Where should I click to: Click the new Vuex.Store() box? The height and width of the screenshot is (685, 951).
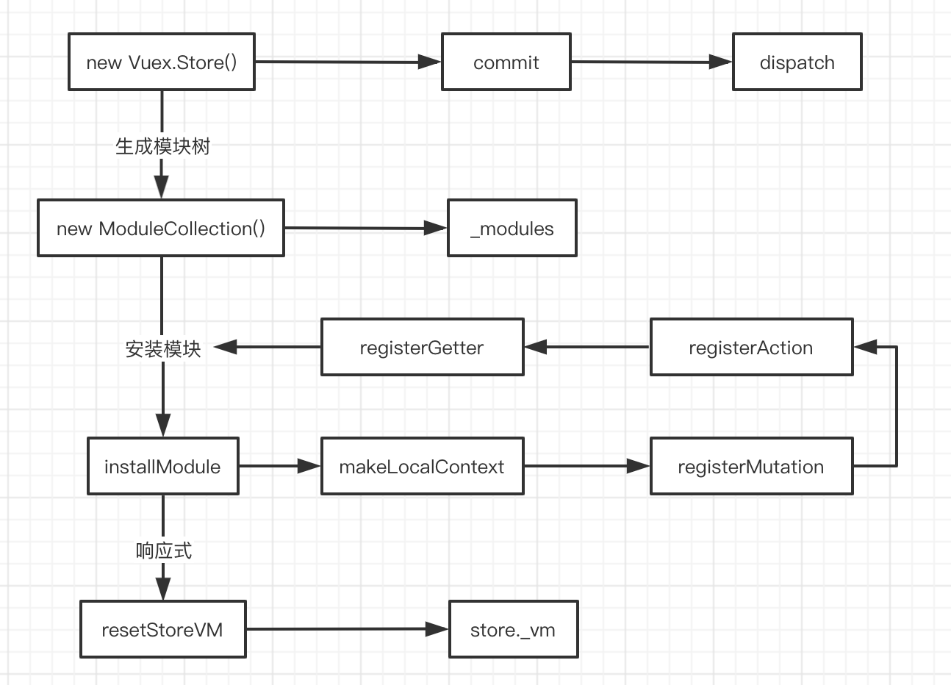point(162,62)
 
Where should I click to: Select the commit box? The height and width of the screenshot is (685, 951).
point(506,62)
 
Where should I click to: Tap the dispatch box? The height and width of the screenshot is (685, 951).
point(797,62)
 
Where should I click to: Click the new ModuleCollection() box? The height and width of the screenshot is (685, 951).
point(161,228)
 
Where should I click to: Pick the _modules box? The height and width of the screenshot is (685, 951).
point(512,228)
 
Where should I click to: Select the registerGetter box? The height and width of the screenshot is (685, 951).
point(423,347)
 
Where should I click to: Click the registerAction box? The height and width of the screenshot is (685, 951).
point(751,347)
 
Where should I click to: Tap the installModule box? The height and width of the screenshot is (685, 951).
point(163,466)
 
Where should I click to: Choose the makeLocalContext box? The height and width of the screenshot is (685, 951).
point(423,466)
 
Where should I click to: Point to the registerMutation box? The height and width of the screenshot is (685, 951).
point(751,466)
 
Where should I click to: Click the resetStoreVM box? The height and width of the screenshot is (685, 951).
point(163,629)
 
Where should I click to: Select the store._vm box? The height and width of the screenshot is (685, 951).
point(513,629)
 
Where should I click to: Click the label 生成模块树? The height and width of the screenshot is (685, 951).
point(162,146)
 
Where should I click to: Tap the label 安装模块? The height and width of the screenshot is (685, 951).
point(163,349)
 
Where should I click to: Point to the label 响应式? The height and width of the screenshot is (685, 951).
point(164,550)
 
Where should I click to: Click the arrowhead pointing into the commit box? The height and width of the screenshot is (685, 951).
point(430,62)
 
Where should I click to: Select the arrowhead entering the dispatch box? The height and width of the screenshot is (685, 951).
point(720,62)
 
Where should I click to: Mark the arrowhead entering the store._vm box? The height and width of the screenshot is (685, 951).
point(437,629)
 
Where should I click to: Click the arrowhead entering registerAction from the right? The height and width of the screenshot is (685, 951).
point(865,347)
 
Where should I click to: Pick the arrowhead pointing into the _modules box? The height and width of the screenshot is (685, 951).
point(436,228)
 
